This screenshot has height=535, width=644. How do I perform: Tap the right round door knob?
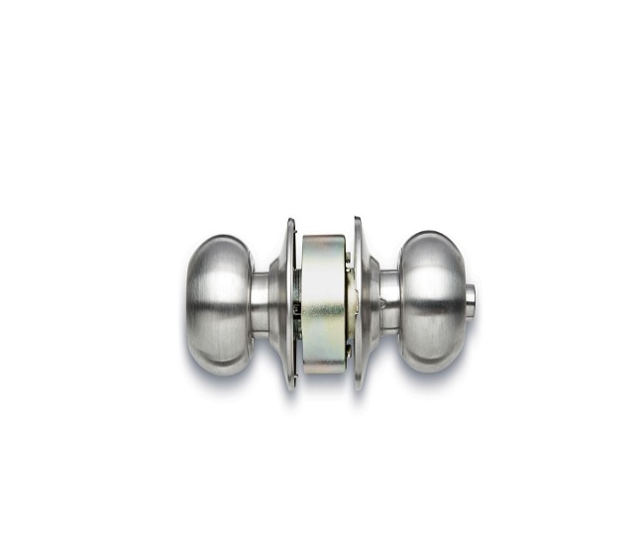point(432,302)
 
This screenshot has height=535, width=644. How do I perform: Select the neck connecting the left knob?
point(260,303)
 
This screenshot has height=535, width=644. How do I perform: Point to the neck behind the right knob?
point(390,301)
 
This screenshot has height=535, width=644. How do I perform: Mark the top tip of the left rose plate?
point(290,221)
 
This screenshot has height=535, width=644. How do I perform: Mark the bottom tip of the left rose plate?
point(291,386)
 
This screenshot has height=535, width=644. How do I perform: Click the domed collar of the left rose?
point(278,303)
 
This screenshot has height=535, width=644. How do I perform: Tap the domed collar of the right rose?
point(371,302)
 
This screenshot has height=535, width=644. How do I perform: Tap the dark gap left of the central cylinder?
point(297,307)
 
